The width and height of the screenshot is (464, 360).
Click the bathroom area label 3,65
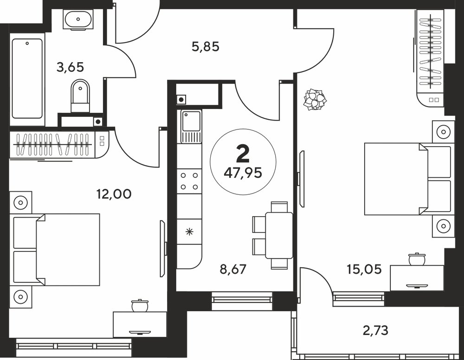pyautogui.click(x=70, y=67)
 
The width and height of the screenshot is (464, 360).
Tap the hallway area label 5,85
pyautogui.click(x=206, y=47)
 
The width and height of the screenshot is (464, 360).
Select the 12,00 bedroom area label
pyautogui.click(x=114, y=194)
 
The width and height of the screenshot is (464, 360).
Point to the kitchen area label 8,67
pyautogui.click(x=233, y=269)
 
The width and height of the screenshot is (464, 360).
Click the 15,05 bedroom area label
pyautogui.click(x=364, y=269)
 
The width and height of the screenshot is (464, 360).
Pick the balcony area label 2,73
pyautogui.click(x=375, y=330)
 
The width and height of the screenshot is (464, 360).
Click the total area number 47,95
pyautogui.click(x=243, y=173)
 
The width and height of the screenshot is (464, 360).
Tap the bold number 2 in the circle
pyautogui.click(x=243, y=154)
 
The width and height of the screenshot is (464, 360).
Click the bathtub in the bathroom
pyautogui.click(x=27, y=78)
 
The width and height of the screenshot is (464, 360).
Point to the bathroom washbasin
pyautogui.click(x=78, y=19)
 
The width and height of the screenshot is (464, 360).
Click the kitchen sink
pyautogui.click(x=189, y=126)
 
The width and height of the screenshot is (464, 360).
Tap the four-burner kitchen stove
pyautogui.click(x=189, y=181)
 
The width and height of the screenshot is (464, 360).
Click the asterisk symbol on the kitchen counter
pyautogui.click(x=189, y=231)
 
